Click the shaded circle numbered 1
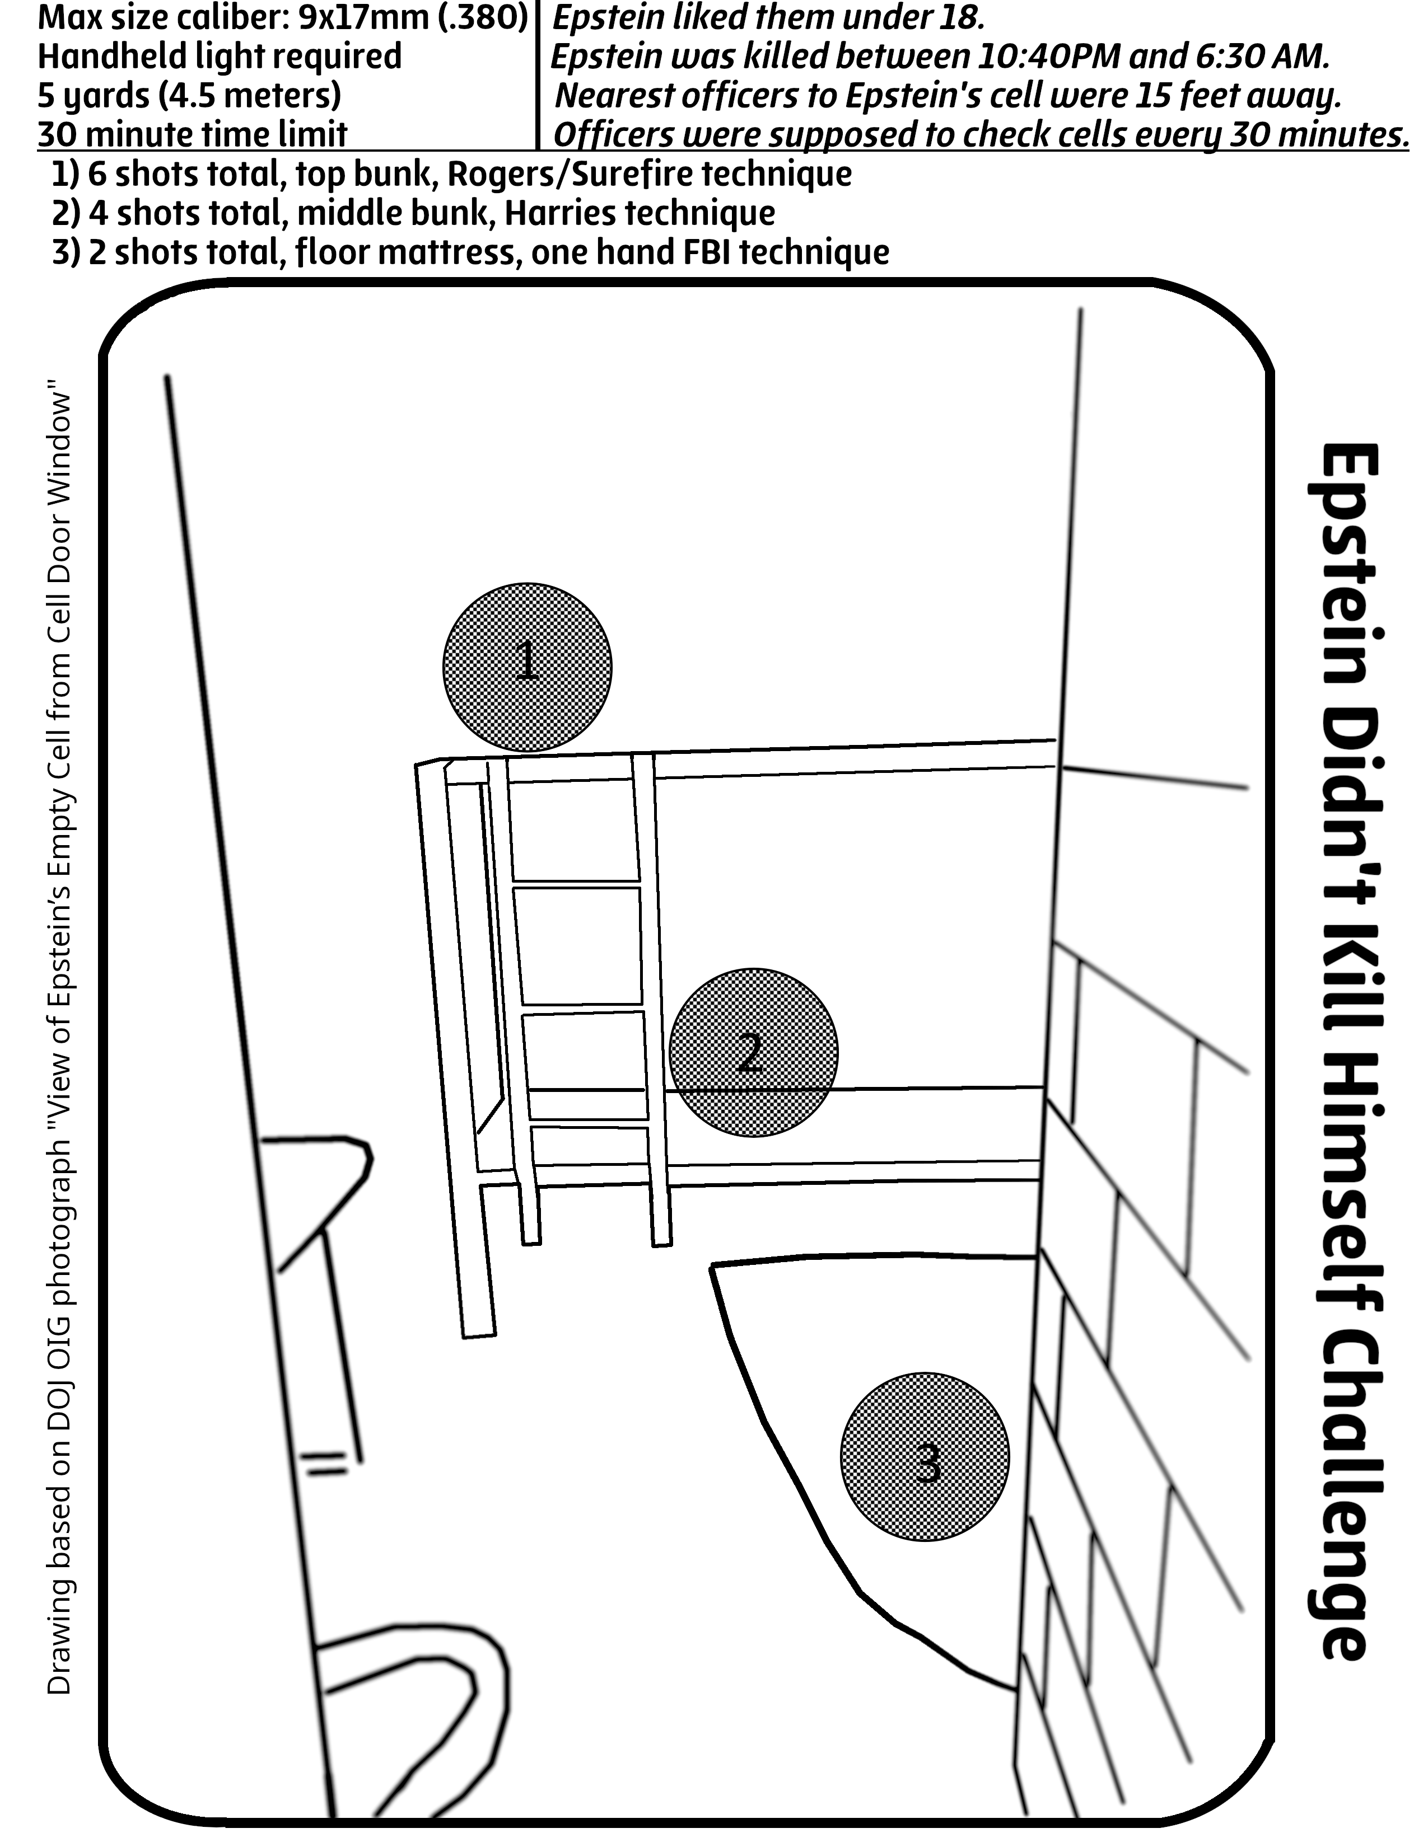tap(527, 667)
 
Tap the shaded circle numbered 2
tap(753, 1053)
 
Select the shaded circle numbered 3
tap(925, 1457)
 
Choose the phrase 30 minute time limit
tap(193, 134)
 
